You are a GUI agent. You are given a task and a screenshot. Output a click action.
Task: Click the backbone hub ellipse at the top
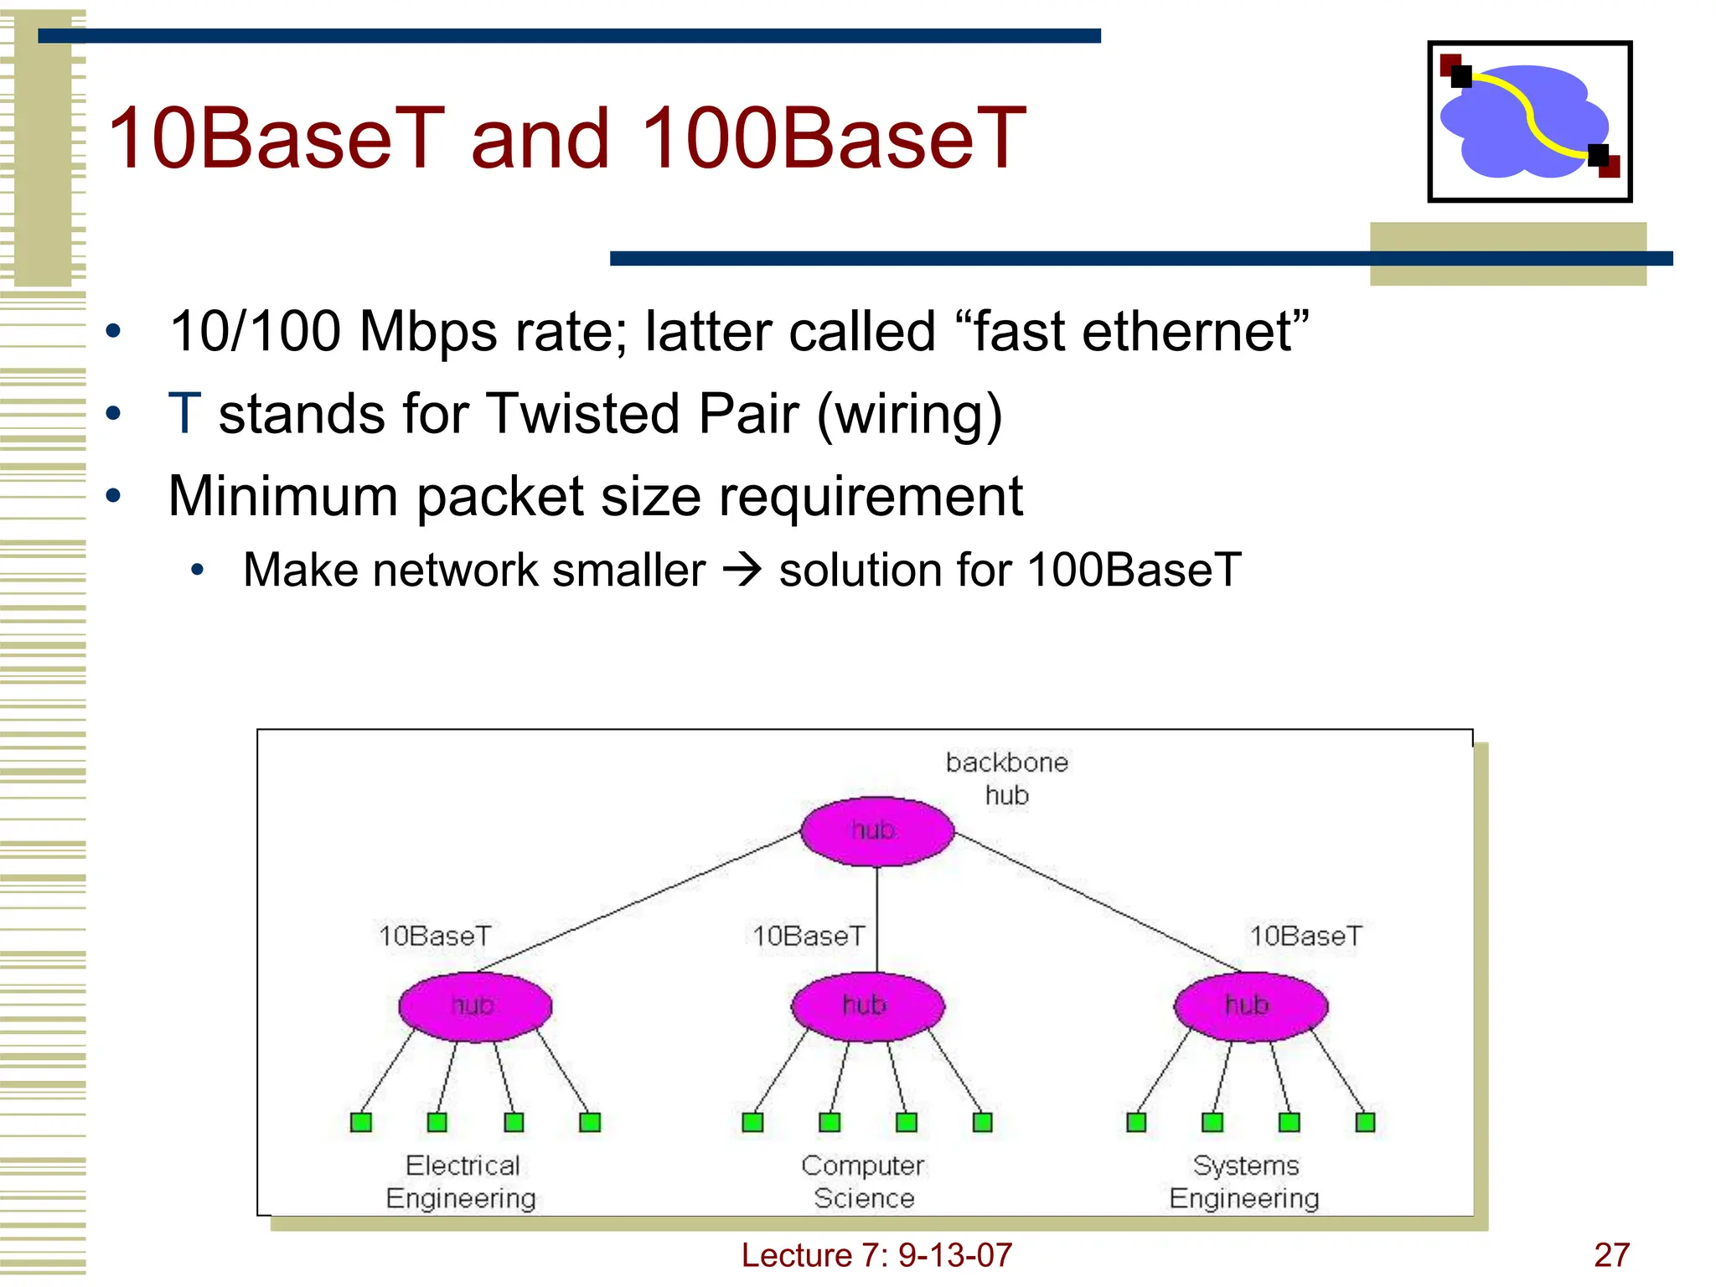point(876,831)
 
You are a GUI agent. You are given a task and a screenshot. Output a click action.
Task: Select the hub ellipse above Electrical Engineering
point(475,1006)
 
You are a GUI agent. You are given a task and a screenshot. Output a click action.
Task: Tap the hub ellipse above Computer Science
point(867,1006)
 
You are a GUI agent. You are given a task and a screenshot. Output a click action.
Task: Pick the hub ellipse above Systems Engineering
point(1250,1006)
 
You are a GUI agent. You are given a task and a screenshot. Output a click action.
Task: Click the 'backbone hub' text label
point(1006,778)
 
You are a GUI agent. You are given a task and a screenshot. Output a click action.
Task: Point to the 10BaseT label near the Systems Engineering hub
point(1305,936)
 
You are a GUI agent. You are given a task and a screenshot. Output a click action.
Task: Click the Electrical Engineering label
point(462,1181)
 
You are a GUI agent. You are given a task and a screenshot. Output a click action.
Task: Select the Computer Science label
point(863,1181)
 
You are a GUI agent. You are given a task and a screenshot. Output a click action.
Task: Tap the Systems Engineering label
point(1245,1181)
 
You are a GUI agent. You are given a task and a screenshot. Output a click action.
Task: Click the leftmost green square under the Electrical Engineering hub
point(361,1122)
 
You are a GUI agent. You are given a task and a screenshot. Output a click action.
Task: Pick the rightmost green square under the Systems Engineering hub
point(1365,1122)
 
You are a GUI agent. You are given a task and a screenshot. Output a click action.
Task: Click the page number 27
point(1611,1255)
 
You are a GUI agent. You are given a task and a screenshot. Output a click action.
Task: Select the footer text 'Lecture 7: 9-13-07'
point(876,1255)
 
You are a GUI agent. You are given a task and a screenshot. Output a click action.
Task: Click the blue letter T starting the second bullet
point(184,414)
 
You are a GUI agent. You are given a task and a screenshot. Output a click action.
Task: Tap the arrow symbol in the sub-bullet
point(742,571)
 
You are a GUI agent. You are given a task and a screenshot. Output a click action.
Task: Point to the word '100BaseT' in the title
point(834,138)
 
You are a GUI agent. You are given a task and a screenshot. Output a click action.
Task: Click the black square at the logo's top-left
point(1461,77)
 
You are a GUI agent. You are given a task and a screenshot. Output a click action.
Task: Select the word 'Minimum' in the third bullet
point(282,496)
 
